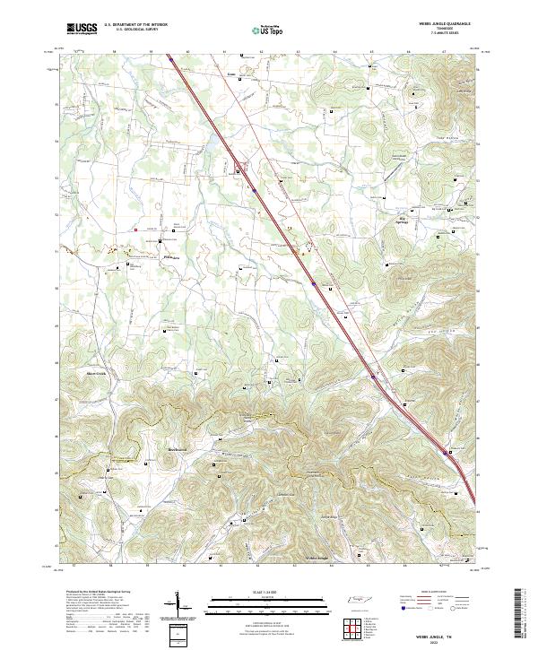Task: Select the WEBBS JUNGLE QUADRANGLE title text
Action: click(445, 23)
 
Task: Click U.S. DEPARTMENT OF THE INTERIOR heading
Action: click(135, 24)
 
